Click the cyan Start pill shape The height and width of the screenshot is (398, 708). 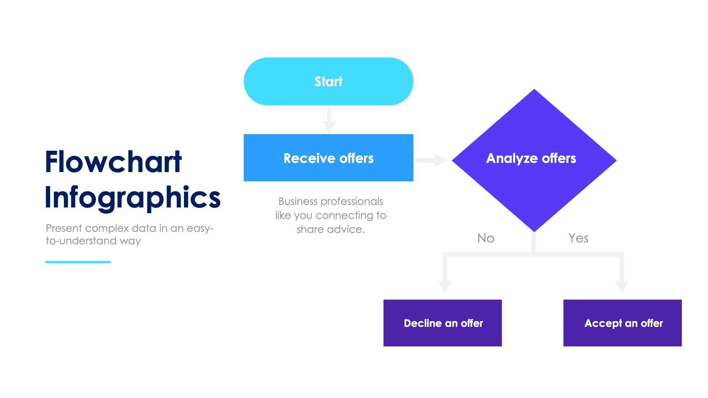click(x=328, y=81)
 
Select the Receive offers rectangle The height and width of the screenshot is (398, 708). click(x=328, y=158)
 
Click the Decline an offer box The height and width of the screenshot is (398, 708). click(x=442, y=323)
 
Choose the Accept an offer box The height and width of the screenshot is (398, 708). click(x=622, y=323)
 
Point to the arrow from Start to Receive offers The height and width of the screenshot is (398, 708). click(x=329, y=120)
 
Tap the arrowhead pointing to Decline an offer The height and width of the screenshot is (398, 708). click(x=445, y=287)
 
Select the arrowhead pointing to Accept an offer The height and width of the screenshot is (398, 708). click(x=621, y=287)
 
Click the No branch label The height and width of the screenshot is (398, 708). click(x=486, y=238)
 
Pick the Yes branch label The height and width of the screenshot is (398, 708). click(x=578, y=238)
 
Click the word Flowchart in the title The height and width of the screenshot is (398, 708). click(x=113, y=162)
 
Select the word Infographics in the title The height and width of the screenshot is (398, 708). click(x=133, y=198)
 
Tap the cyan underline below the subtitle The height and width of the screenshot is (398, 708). click(x=78, y=262)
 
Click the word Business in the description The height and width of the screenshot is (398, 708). click(x=298, y=202)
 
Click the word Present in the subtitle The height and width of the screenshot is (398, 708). click(x=64, y=228)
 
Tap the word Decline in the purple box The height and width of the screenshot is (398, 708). click(x=423, y=324)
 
